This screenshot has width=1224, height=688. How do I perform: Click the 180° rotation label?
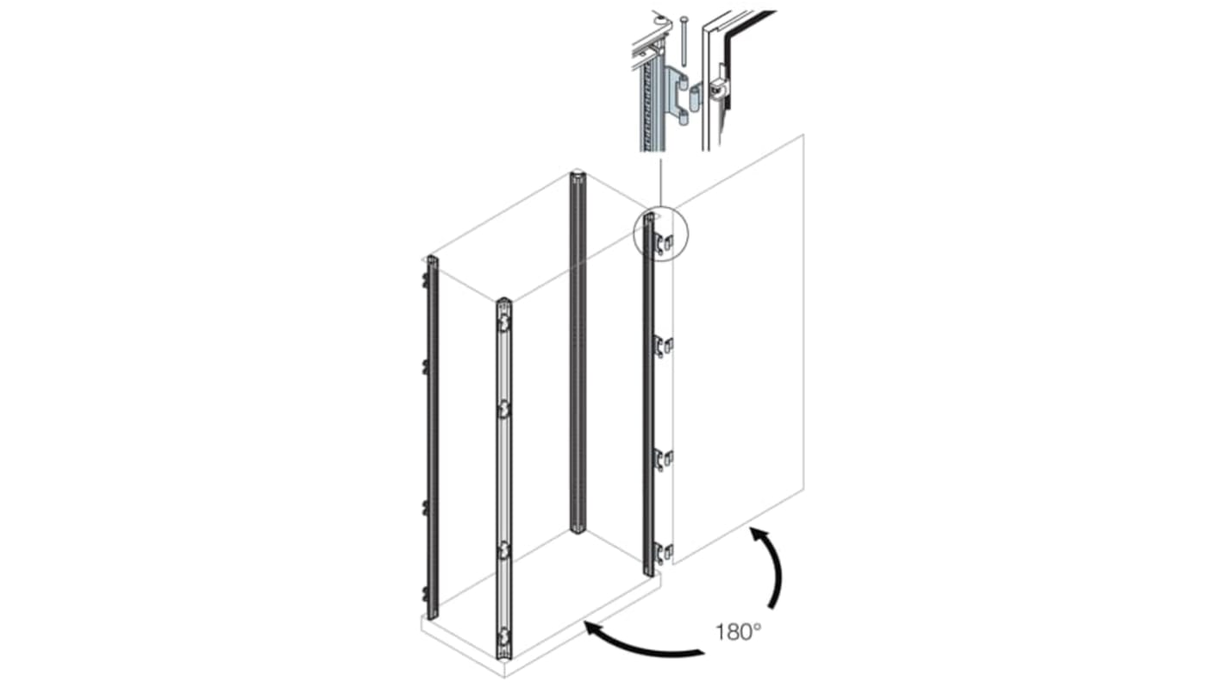pos(738,632)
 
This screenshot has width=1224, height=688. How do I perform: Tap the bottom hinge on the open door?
pos(662,553)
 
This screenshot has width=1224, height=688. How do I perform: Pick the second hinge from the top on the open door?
pos(662,347)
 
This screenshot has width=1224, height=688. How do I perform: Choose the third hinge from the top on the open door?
pos(662,460)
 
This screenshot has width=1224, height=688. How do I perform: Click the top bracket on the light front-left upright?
pos(503,321)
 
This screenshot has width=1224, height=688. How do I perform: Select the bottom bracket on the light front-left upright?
pos(503,639)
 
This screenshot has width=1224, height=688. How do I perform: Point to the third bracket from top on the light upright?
pos(503,550)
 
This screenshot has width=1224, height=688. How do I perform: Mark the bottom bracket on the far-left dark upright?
pos(426,592)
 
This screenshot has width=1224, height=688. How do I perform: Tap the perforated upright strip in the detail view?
pos(646,103)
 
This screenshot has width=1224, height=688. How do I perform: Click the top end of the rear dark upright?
pos(578,179)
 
